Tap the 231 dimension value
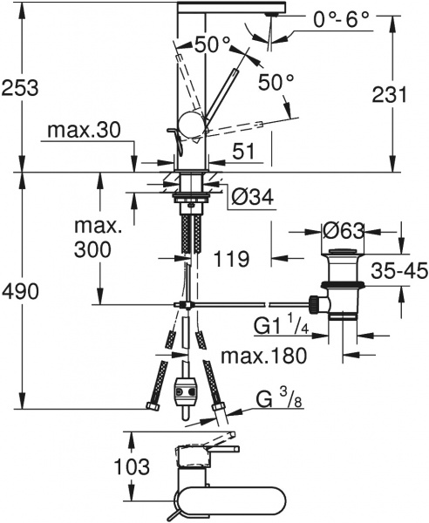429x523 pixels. (x=388, y=94)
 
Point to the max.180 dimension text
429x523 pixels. (x=263, y=357)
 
